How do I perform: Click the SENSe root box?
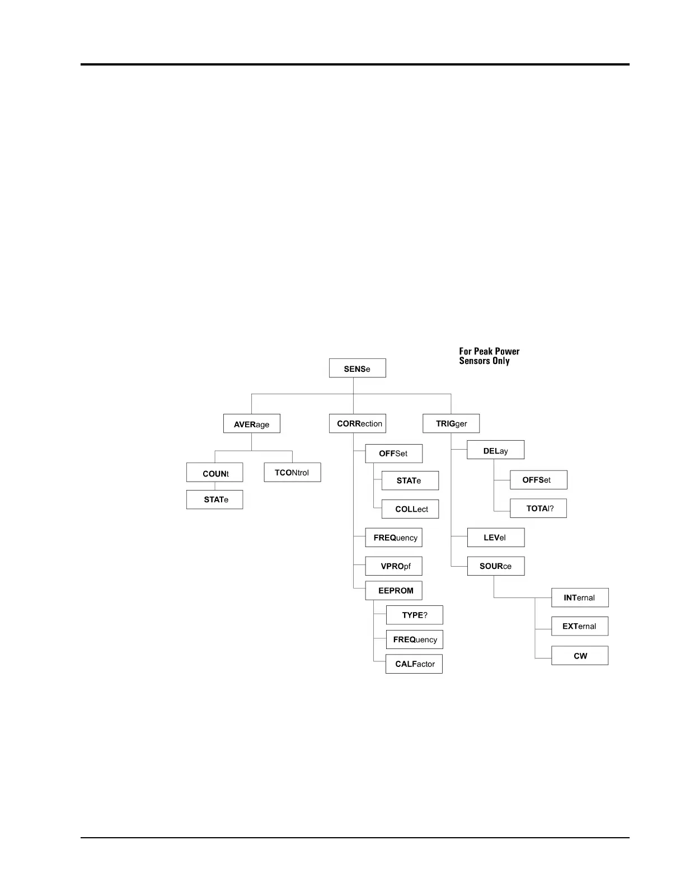pos(357,368)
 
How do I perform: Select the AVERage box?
pos(251,424)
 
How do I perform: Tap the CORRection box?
pos(358,424)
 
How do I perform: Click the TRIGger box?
pos(451,424)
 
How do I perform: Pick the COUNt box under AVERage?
pos(215,473)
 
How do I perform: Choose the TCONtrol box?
pos(292,473)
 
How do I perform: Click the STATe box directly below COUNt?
pos(215,499)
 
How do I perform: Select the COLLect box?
pos(410,509)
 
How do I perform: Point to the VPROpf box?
pos(393,566)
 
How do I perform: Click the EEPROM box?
pos(393,591)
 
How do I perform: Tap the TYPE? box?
pos(414,615)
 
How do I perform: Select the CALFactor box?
pos(414,664)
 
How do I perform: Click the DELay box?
pos(495,450)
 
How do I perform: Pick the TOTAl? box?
pos(538,508)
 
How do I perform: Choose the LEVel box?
pos(495,538)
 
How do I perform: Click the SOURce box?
pos(496,566)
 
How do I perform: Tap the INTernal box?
pos(580,597)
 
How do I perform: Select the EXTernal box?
pos(580,626)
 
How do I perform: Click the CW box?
pos(580,656)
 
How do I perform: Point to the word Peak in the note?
pos(484,352)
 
